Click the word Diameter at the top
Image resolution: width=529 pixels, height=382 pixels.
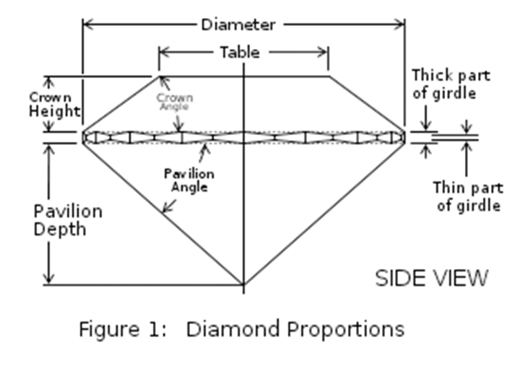click(238, 25)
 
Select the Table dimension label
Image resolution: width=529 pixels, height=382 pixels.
click(240, 52)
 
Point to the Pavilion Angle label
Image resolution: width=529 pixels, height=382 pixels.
click(189, 179)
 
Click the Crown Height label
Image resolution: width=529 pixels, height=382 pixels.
click(54, 105)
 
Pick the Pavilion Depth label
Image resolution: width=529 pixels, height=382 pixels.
click(68, 219)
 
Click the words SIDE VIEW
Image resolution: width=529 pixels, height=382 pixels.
click(432, 278)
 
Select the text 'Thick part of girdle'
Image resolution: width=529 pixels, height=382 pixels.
click(451, 83)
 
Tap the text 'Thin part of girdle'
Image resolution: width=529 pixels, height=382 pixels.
click(468, 196)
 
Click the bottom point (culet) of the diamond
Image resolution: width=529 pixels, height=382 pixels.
click(243, 283)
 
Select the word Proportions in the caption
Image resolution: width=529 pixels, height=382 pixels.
click(346, 329)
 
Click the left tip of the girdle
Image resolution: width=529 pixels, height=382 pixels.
click(83, 137)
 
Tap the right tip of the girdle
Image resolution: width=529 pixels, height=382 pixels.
click(404, 137)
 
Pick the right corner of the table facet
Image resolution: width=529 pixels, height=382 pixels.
click(328, 76)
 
